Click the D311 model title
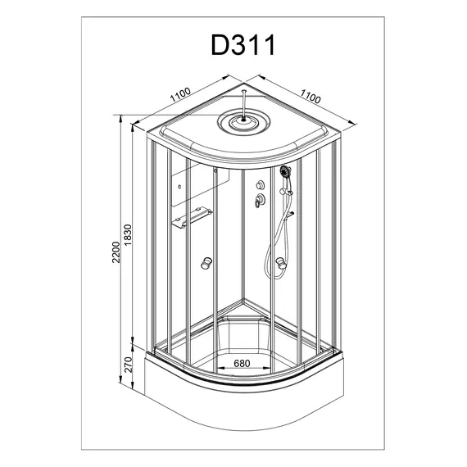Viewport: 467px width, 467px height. point(243,45)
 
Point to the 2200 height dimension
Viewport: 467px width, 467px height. point(116,252)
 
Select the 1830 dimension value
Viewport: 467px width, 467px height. point(128,235)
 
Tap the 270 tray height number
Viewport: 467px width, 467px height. point(128,365)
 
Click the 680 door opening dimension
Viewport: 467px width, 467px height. point(242,363)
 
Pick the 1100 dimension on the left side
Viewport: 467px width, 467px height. point(180,94)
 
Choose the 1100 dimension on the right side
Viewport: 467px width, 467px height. point(311,96)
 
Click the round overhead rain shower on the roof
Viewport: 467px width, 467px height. point(244,121)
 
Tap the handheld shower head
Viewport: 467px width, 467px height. point(285,171)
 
